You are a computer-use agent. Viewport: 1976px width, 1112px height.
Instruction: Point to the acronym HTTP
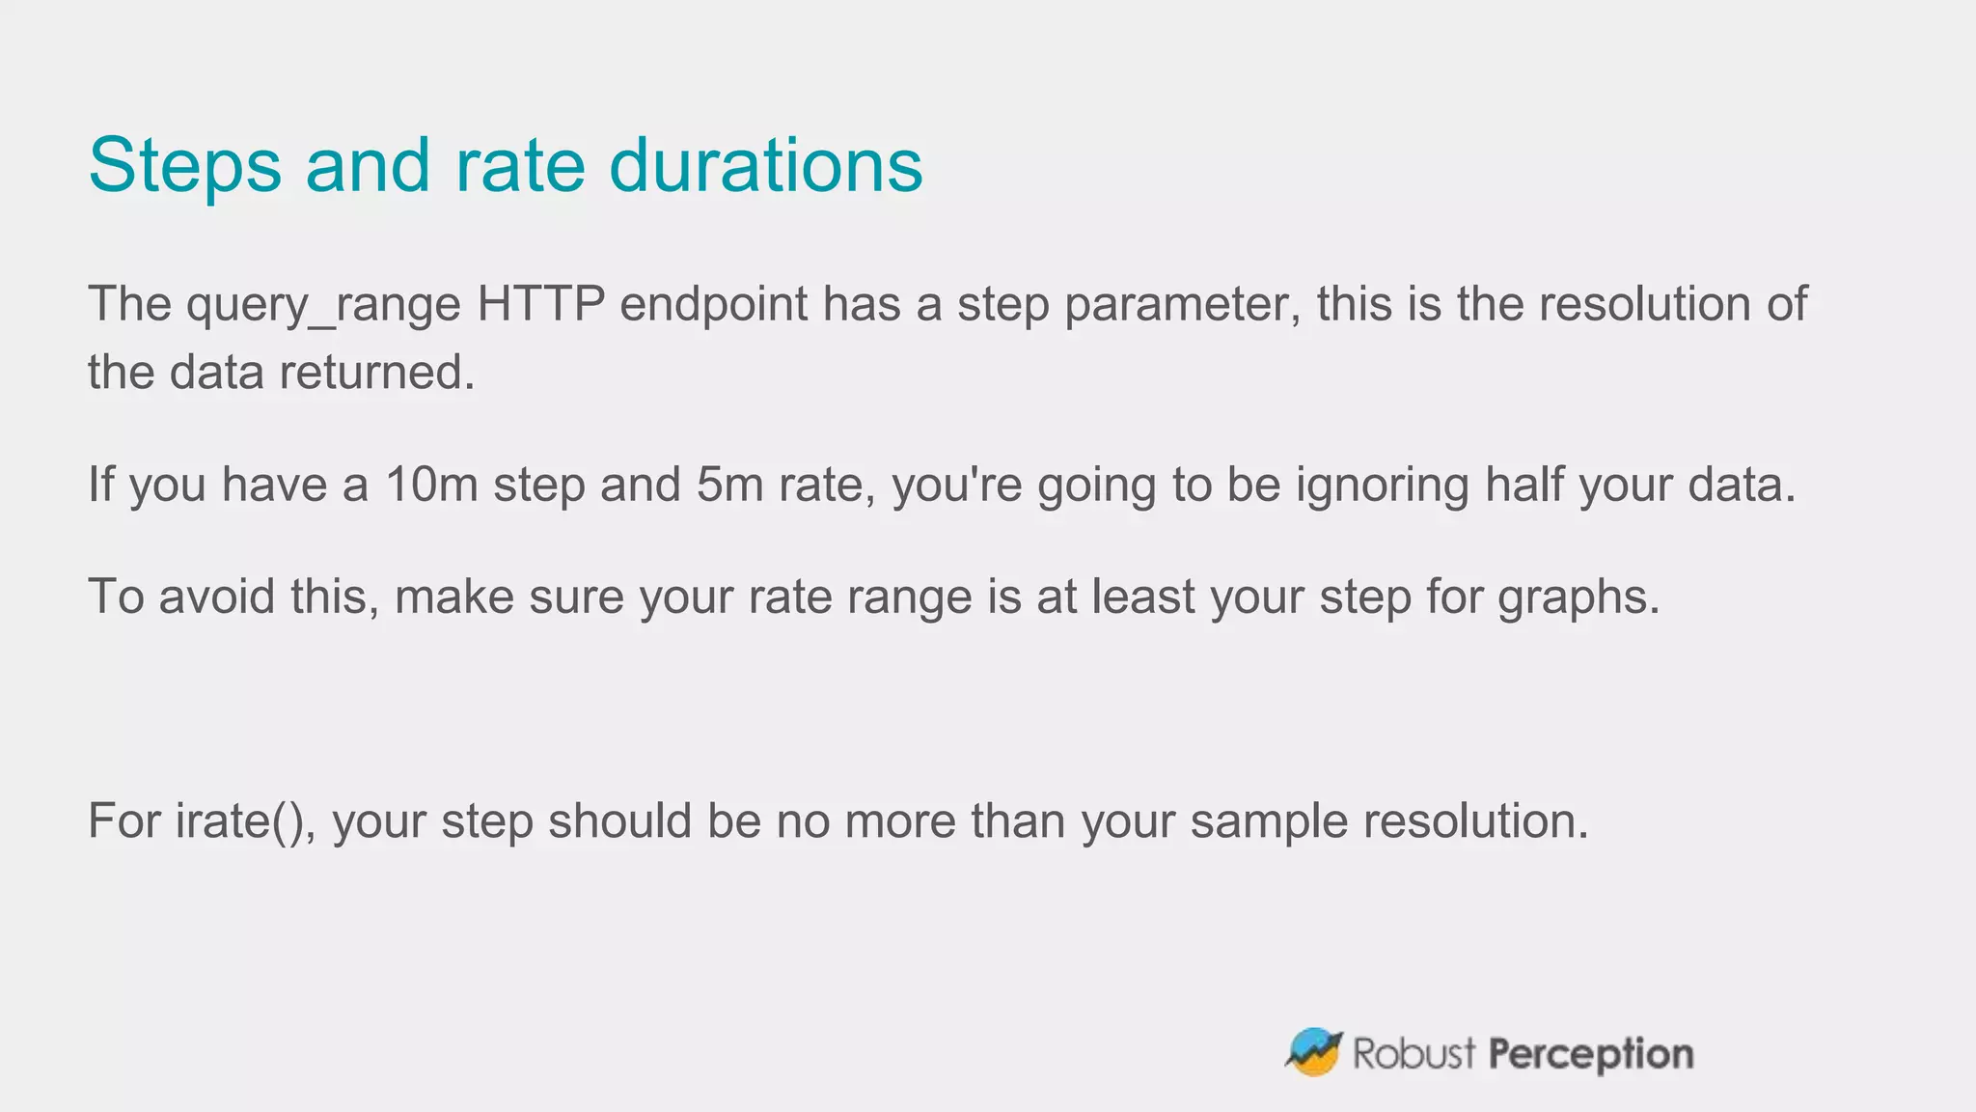[540, 304]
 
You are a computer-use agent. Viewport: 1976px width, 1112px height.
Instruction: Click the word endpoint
[713, 305]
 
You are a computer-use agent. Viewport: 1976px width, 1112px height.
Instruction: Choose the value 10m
[431, 485]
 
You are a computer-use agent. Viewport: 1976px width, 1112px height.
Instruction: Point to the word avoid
[217, 597]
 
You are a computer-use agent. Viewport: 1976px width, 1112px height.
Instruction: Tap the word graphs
[1578, 598]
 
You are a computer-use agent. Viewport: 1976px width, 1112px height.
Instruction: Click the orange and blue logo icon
[1313, 1052]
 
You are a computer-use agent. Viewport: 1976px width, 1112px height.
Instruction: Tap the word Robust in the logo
[1413, 1053]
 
